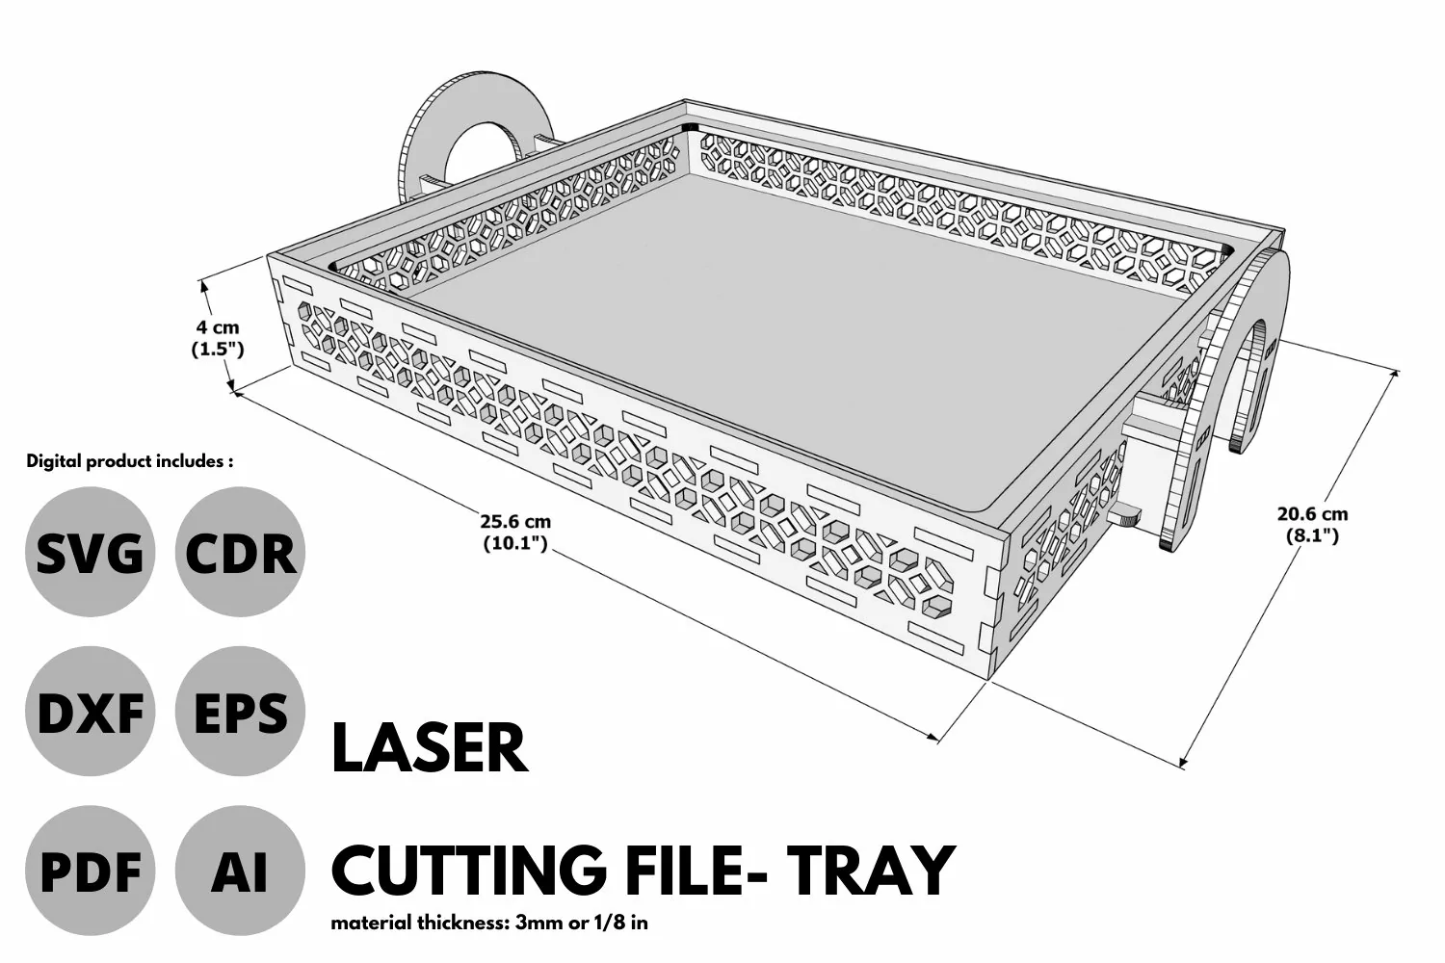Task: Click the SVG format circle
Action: click(91, 552)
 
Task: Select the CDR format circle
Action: click(240, 552)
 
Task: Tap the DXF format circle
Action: click(91, 711)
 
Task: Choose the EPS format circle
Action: click(240, 711)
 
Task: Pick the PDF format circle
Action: click(91, 871)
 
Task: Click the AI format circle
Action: click(240, 871)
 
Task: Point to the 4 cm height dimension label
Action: click(218, 338)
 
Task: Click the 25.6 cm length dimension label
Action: click(515, 533)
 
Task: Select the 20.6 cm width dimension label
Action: click(1313, 525)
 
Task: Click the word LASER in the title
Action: click(430, 748)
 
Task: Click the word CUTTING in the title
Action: click(470, 871)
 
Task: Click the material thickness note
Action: click(489, 923)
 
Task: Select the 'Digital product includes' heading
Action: click(130, 461)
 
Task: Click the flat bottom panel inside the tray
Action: click(742, 335)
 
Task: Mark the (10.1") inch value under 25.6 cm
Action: click(515, 543)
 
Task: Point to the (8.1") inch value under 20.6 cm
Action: click(1313, 535)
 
